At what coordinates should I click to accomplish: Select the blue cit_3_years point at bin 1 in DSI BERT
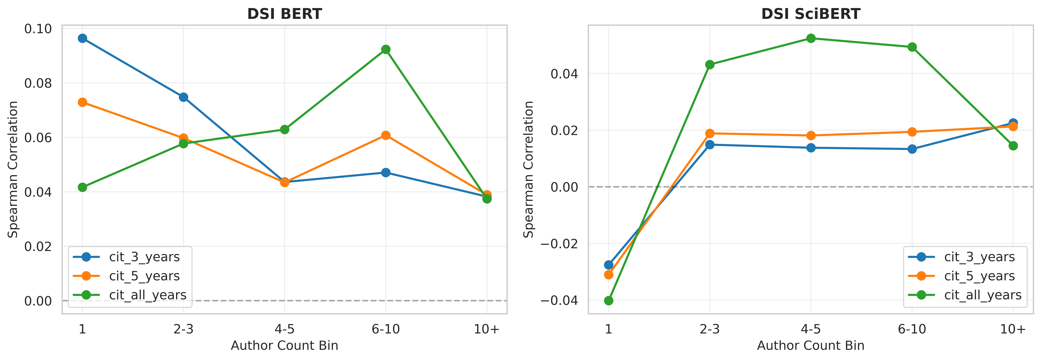point(82,38)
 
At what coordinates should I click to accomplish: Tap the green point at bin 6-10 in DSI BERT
point(386,49)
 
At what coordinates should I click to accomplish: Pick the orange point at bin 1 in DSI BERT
point(82,102)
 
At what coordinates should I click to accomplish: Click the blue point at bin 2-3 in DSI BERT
point(183,97)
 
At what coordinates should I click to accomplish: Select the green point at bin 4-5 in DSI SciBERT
point(811,38)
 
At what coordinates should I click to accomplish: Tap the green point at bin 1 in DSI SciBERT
point(609,301)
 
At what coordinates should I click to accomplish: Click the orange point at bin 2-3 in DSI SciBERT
point(710,133)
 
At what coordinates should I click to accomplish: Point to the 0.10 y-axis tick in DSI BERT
point(38,29)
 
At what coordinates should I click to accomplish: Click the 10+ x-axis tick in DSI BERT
point(487,329)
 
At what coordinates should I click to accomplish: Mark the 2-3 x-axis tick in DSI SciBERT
point(710,329)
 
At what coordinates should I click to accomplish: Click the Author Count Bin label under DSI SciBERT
point(811,346)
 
